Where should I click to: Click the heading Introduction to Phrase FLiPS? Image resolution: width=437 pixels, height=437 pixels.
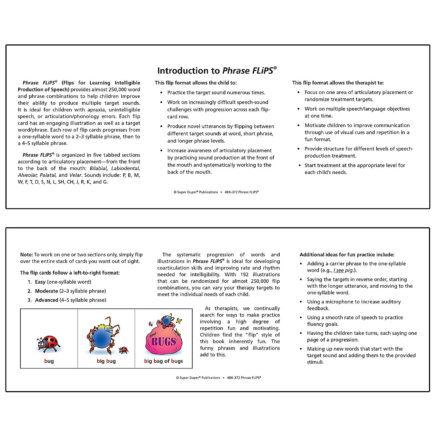(217, 71)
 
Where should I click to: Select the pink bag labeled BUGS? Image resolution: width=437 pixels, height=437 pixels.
(164, 341)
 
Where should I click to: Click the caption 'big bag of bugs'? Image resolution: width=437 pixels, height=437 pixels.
(164, 361)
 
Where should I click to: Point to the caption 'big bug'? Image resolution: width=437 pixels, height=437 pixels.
(106, 361)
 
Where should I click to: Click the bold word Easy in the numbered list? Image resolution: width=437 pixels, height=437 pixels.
(40, 282)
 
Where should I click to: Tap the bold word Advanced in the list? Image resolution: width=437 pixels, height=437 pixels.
(46, 300)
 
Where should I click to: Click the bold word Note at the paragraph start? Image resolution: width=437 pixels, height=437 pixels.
(26, 255)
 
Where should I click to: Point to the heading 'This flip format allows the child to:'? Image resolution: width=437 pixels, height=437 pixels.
(196, 83)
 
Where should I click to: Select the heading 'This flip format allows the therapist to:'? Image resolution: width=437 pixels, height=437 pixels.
(338, 83)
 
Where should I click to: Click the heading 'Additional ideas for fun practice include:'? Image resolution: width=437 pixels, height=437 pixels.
(347, 255)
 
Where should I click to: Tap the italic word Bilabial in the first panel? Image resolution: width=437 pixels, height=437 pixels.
(98, 168)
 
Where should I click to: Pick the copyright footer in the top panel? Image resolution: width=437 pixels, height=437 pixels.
(216, 192)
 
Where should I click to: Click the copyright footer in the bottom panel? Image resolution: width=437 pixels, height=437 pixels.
(219, 378)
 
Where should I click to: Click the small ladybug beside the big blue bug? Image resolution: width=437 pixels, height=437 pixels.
(123, 350)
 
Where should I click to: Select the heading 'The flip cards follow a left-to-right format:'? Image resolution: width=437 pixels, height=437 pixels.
(70, 273)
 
